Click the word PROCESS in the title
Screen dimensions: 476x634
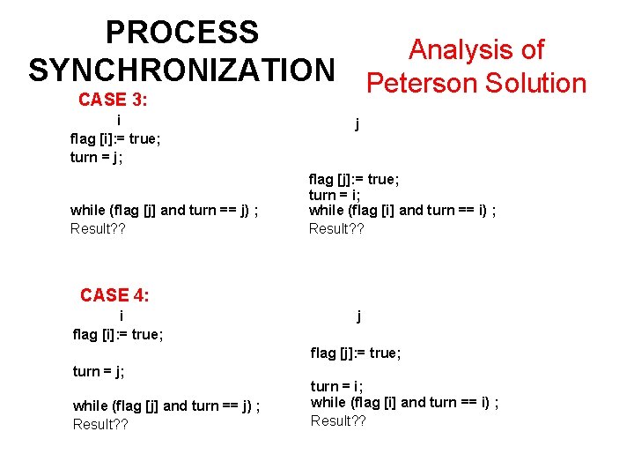[181, 33]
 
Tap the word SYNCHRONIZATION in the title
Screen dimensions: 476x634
[181, 70]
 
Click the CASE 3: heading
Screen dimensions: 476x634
[113, 100]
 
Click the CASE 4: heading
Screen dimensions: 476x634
[114, 295]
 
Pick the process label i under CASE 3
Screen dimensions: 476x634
[119, 120]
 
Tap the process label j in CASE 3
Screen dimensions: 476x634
[357, 124]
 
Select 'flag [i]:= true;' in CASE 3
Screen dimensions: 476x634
[114, 138]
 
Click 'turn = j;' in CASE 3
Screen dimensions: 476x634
[96, 157]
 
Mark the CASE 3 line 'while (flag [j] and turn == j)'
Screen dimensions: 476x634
[164, 210]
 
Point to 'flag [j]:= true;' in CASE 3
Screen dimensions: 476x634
[354, 179]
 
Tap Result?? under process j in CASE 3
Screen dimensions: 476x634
[336, 229]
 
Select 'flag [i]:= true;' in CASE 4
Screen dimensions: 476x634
[118, 334]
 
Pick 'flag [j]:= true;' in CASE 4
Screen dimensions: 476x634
[356, 353]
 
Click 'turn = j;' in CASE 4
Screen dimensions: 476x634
[99, 371]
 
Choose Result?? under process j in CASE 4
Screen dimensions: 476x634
[338, 420]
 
